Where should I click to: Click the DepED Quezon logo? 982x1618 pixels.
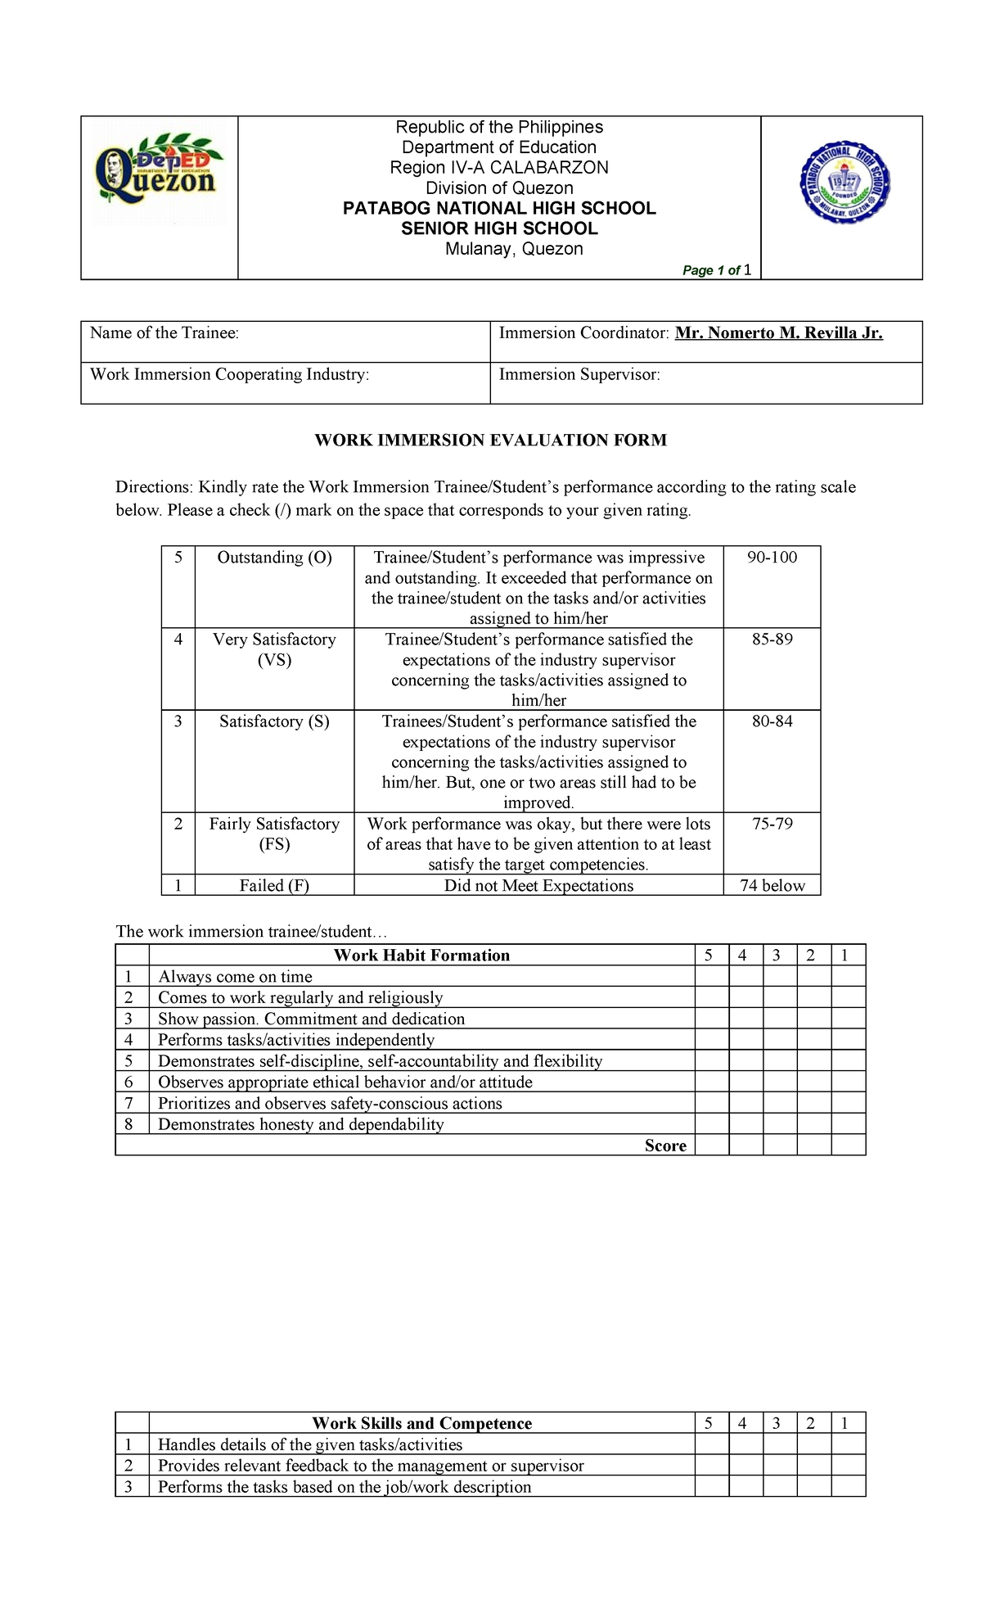click(158, 178)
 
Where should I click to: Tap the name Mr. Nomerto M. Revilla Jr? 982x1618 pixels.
click(778, 332)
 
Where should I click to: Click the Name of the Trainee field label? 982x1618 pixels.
click(164, 332)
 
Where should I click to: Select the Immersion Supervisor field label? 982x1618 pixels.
click(579, 374)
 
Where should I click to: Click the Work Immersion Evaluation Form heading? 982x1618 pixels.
click(491, 441)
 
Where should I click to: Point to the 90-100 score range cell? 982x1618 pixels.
click(772, 558)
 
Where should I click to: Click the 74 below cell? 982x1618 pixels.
click(772, 885)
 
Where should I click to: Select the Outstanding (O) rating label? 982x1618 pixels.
click(274, 558)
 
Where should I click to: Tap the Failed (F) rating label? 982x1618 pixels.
click(274, 885)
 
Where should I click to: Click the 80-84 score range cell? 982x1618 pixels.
click(772, 721)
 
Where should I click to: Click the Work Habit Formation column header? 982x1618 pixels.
click(421, 955)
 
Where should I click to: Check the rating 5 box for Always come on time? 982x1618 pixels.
click(711, 976)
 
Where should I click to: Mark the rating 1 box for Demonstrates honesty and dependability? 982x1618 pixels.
click(849, 1124)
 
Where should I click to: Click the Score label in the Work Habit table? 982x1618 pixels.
click(665, 1146)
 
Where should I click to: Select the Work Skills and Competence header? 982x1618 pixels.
click(421, 1423)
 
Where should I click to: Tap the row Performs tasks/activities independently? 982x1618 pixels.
click(296, 1040)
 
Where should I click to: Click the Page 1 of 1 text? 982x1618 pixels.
click(717, 270)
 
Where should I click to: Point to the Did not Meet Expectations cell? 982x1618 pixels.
click(538, 885)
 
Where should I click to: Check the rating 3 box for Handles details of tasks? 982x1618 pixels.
click(780, 1444)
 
